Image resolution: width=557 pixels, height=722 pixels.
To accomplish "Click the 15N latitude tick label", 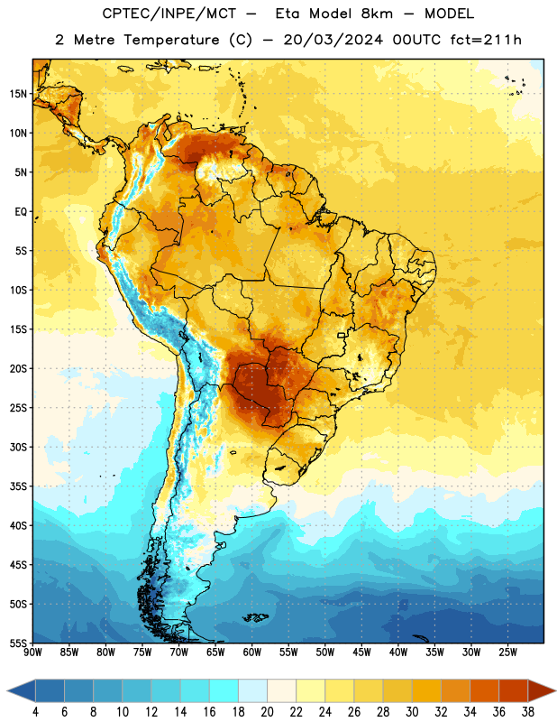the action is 18,94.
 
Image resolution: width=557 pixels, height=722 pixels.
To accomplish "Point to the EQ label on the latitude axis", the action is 21,212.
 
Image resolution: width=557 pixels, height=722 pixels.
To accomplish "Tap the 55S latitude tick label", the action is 18,643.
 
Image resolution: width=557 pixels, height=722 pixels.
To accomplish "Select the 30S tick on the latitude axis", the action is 18,447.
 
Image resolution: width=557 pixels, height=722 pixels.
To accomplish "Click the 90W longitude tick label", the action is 32,653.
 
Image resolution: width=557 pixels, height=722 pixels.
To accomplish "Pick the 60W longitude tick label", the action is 252,653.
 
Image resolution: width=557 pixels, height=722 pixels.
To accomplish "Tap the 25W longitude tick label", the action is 507,653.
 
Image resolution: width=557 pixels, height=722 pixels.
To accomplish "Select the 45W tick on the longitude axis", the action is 361,653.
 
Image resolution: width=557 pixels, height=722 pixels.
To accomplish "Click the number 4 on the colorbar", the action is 35,712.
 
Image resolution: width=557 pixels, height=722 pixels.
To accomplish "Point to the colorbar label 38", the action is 527,712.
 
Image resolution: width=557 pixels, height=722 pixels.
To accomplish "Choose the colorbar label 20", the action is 267,712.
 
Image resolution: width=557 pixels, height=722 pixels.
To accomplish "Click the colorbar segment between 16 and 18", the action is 224,690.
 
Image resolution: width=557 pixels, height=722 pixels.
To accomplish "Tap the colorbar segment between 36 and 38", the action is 514,690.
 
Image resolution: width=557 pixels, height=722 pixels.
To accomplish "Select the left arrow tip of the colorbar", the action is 7,690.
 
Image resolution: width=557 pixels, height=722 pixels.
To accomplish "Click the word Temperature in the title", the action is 171,40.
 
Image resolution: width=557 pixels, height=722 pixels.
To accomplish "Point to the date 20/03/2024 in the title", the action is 333,40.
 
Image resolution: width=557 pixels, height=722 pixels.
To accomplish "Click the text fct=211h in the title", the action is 486,40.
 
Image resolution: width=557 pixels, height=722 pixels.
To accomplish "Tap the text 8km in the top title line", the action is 377,14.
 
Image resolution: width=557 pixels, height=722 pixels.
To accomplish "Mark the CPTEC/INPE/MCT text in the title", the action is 169,14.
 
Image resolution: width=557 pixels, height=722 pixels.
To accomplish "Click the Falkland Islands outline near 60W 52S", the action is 256,617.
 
